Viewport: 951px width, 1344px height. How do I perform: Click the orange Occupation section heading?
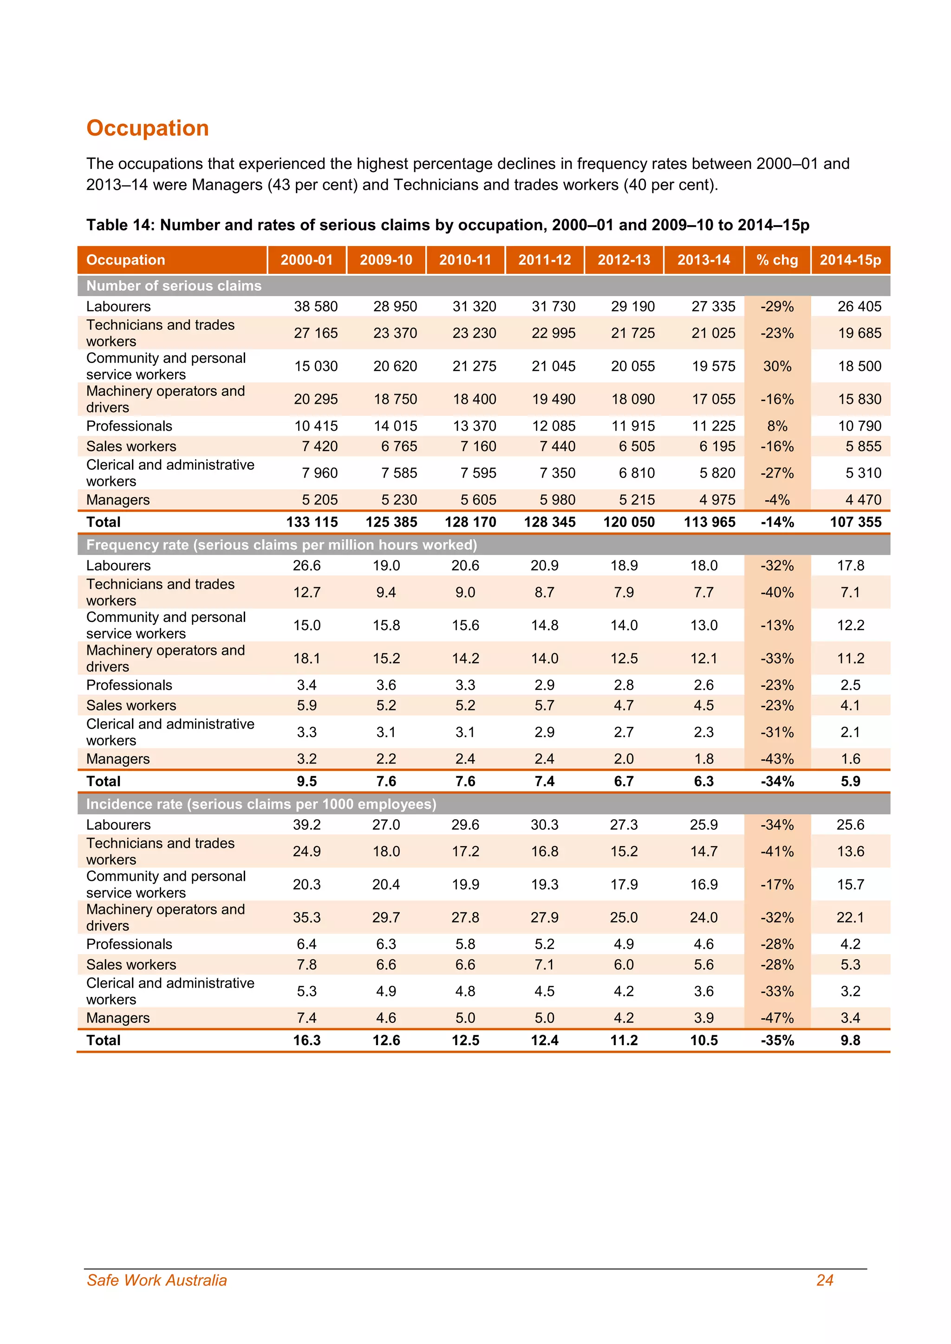(x=148, y=128)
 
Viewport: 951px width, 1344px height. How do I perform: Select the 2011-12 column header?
(x=544, y=260)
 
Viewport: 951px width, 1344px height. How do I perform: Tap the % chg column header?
(x=777, y=260)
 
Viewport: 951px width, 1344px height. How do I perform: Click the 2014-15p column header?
(x=850, y=260)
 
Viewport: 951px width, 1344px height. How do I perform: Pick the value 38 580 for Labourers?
(x=316, y=306)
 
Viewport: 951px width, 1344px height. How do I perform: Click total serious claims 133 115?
(x=312, y=522)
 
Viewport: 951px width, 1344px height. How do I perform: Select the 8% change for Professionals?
(x=777, y=426)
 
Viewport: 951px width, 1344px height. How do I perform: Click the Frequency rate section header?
(x=281, y=545)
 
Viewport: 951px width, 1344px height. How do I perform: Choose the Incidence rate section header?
(x=261, y=804)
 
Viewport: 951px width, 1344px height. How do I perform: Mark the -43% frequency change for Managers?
(x=777, y=759)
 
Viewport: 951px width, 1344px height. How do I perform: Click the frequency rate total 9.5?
(x=307, y=781)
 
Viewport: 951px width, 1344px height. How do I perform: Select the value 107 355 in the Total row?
(x=855, y=522)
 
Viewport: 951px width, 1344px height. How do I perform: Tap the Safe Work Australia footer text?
(x=156, y=1280)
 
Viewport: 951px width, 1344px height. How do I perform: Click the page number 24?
(x=825, y=1280)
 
